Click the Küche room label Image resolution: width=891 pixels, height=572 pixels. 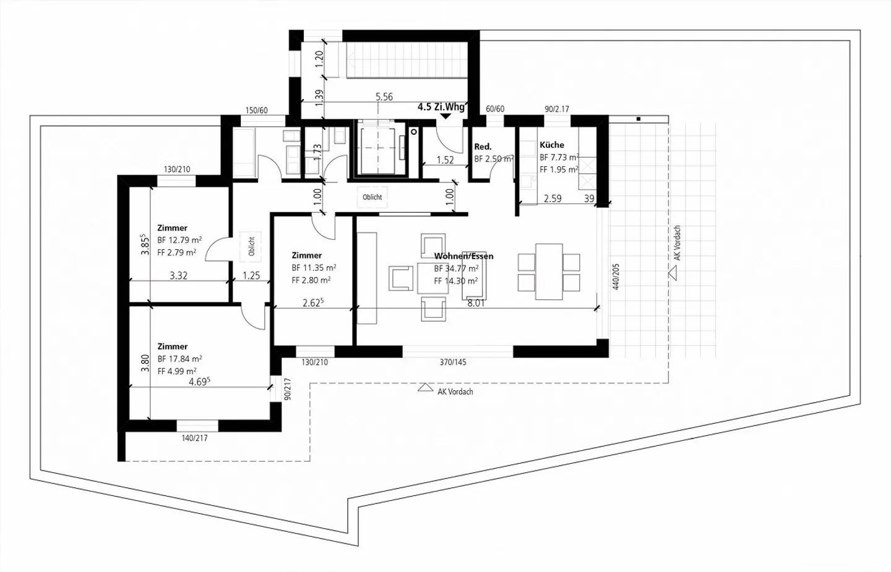[x=552, y=145]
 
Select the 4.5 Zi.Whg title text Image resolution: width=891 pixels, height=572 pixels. [x=441, y=107]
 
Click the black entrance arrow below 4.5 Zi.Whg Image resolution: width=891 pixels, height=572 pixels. [x=446, y=116]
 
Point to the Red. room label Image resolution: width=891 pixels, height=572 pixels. [x=483, y=147]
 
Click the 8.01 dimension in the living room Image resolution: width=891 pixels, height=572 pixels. [x=476, y=303]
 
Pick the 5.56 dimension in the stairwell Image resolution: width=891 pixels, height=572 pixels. [x=384, y=96]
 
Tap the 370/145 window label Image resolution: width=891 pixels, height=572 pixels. [x=453, y=362]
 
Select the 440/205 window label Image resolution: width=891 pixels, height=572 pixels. [x=616, y=276]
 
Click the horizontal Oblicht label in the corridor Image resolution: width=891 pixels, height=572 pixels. [x=372, y=197]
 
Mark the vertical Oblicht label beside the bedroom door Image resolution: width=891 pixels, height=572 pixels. [x=251, y=246]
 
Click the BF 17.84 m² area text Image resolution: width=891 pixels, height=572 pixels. [x=180, y=359]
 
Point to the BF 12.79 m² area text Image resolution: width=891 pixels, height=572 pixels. [x=179, y=240]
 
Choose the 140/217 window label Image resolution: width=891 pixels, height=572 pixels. [x=194, y=438]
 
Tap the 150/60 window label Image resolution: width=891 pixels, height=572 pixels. [x=257, y=111]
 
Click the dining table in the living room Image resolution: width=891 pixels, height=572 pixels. [x=549, y=271]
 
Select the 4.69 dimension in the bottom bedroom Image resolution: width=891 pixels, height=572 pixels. [x=199, y=382]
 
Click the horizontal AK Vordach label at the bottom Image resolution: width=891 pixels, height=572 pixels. [x=455, y=392]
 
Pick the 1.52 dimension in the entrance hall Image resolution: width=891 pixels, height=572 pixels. [x=445, y=160]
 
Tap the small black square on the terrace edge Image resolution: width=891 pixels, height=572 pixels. [x=639, y=119]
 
